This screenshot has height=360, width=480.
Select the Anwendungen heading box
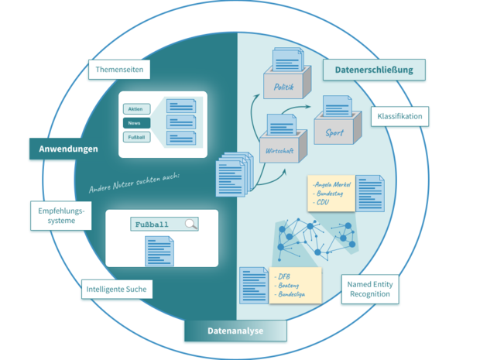(x=68, y=149)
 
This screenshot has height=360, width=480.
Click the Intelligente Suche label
(x=116, y=290)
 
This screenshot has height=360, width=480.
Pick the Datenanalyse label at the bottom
(x=235, y=331)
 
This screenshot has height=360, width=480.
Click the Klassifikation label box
(x=400, y=117)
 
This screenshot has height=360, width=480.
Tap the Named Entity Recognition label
(x=370, y=290)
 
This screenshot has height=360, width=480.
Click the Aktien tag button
(x=135, y=109)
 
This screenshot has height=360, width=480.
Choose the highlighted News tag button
(x=135, y=123)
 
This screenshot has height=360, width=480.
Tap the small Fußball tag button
(x=135, y=138)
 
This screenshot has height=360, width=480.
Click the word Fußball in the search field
(x=152, y=225)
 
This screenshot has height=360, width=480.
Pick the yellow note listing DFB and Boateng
(x=296, y=284)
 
